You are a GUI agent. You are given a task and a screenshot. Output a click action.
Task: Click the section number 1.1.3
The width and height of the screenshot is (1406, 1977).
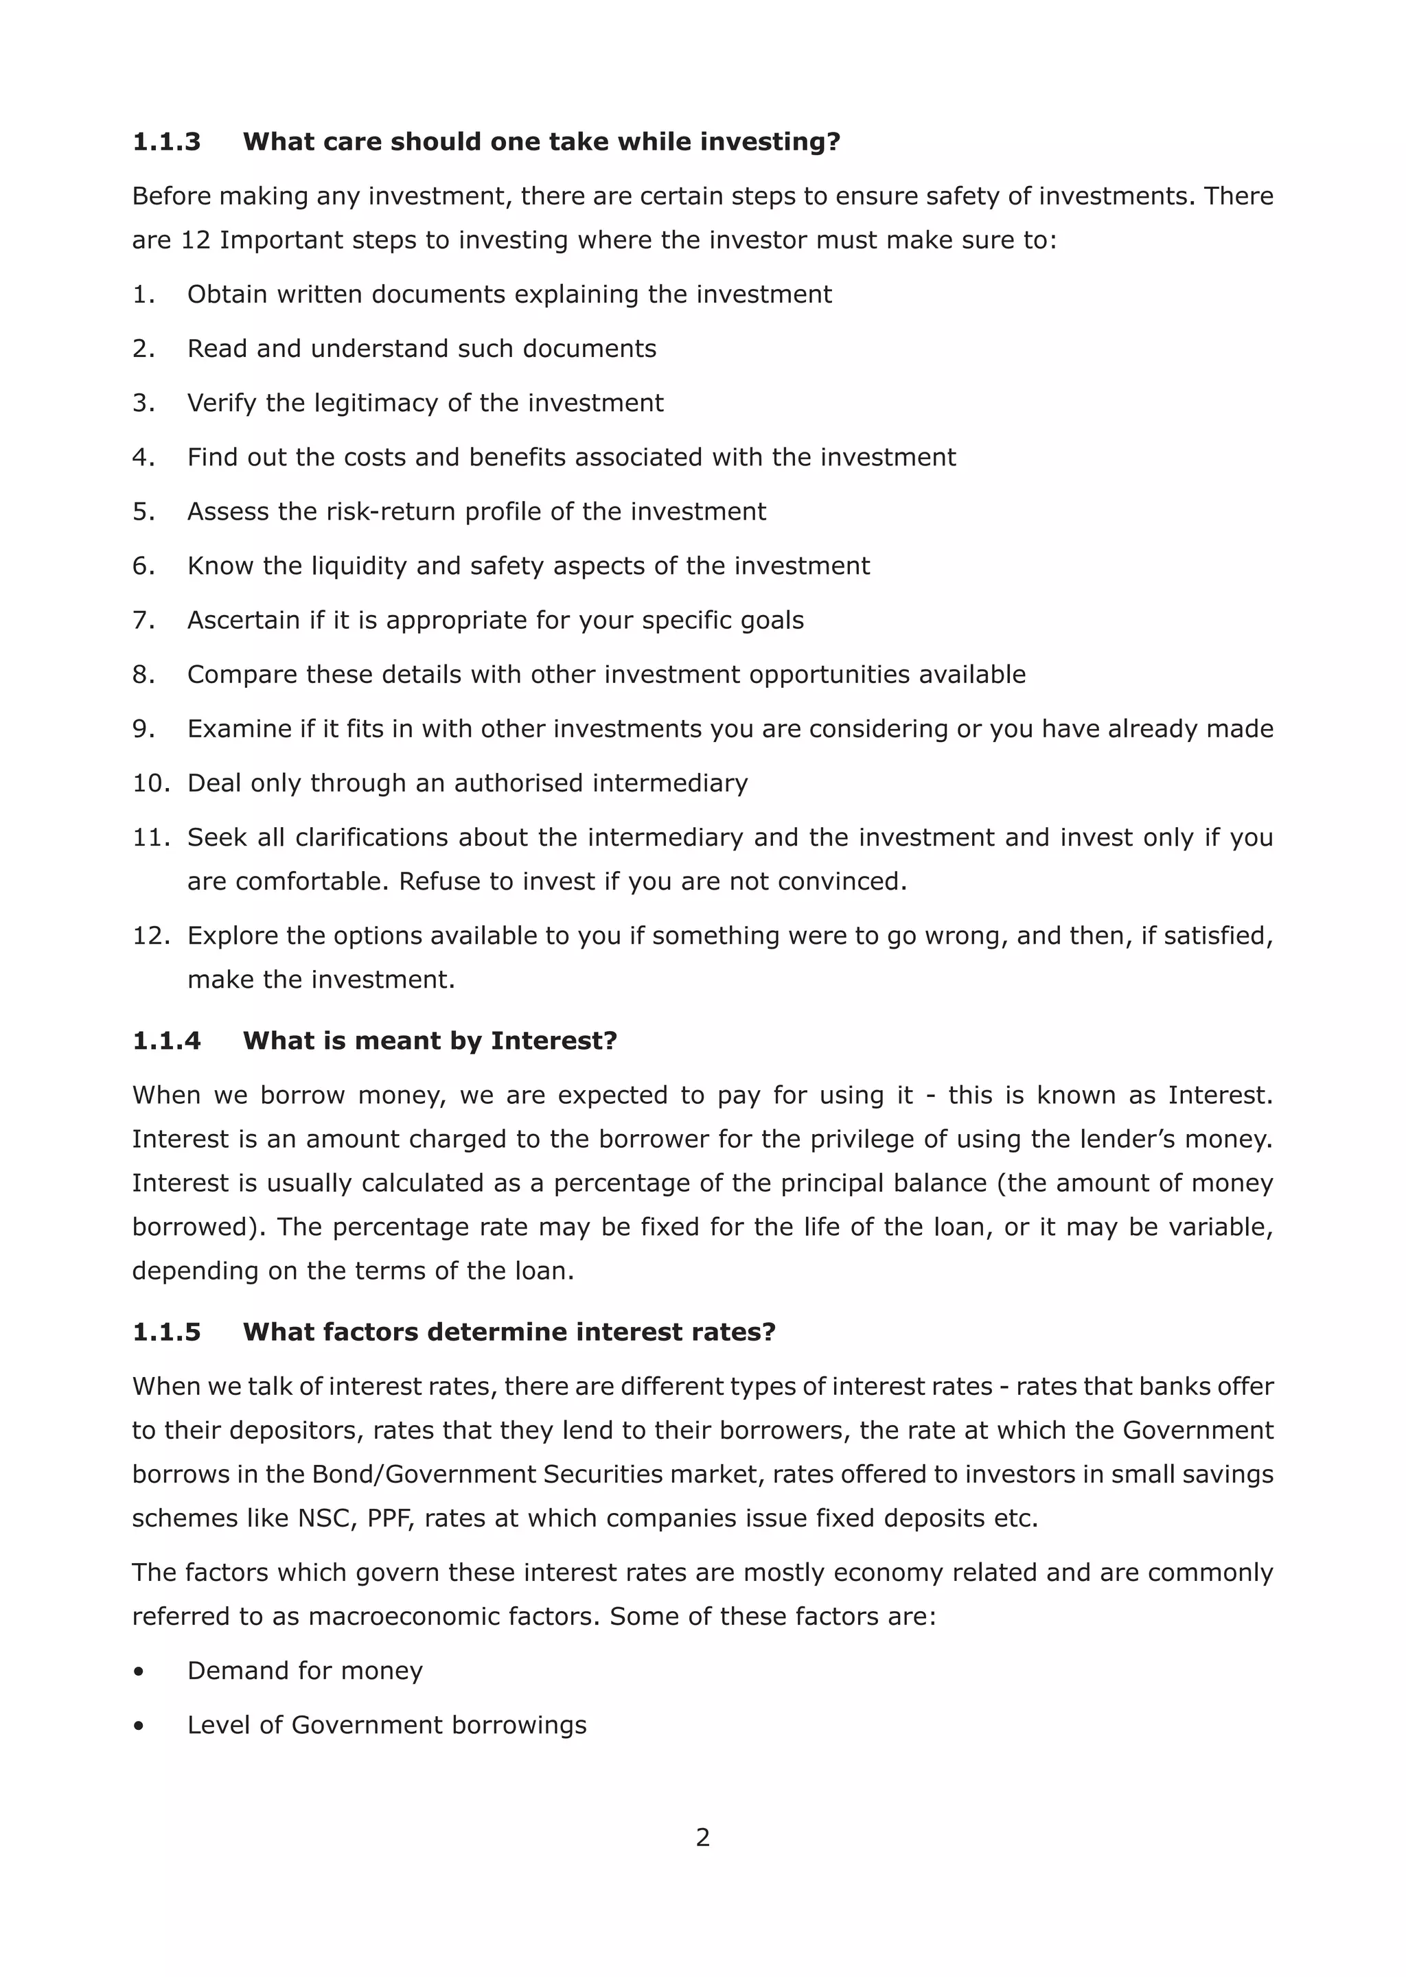(166, 141)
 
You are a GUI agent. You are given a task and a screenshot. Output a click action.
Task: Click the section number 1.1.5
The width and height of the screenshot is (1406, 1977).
(166, 1331)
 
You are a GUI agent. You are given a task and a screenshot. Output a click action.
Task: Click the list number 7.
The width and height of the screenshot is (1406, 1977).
(143, 620)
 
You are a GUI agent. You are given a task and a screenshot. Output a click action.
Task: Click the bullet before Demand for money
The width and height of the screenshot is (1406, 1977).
(139, 1672)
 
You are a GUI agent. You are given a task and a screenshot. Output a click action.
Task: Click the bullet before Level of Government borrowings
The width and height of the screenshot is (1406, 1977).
(139, 1726)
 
